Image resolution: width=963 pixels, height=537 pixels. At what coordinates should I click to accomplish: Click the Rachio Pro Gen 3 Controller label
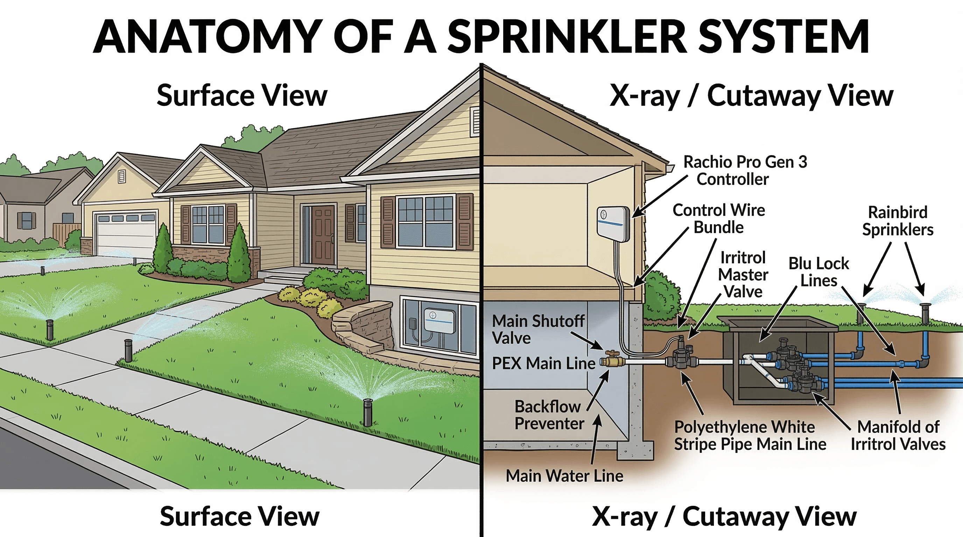click(x=745, y=170)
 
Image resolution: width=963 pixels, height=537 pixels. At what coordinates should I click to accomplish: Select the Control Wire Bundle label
click(x=718, y=219)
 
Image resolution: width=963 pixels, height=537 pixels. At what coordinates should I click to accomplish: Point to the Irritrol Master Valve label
click(x=743, y=274)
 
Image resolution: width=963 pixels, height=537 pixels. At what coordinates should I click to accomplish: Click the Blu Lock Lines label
click(x=818, y=272)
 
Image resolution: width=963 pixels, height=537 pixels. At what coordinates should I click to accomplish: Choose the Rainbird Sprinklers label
click(x=898, y=221)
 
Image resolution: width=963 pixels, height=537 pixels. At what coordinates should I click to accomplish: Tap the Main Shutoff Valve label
click(x=538, y=329)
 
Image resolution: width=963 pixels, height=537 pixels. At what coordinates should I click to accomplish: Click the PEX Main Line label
click(x=543, y=363)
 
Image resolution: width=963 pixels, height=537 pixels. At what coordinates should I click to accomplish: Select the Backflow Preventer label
click(x=548, y=415)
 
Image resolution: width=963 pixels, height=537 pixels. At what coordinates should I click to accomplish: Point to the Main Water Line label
click(x=564, y=476)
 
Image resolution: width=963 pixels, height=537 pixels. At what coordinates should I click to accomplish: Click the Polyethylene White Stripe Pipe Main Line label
click(x=750, y=435)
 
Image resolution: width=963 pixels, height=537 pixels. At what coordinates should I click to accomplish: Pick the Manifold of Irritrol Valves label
click(x=898, y=435)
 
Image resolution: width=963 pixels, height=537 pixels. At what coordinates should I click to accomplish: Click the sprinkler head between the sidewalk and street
click(x=367, y=412)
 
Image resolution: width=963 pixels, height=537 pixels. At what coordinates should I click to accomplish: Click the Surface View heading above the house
click(x=242, y=95)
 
